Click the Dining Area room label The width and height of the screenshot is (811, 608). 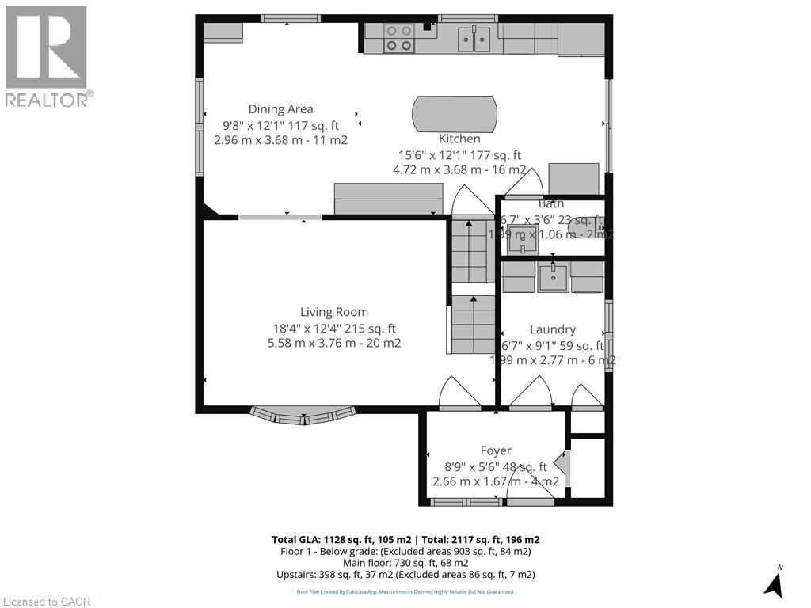280,109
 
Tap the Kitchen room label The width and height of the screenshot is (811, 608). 459,139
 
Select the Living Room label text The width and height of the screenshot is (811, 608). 333,312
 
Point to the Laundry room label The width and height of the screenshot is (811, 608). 552,329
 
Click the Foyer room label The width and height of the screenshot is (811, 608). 496,450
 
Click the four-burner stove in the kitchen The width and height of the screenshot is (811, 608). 399,38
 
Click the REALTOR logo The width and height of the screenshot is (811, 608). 47,56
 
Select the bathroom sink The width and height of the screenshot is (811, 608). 522,235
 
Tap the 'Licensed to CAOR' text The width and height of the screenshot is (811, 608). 47,602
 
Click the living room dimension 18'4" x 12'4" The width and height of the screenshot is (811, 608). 333,329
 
